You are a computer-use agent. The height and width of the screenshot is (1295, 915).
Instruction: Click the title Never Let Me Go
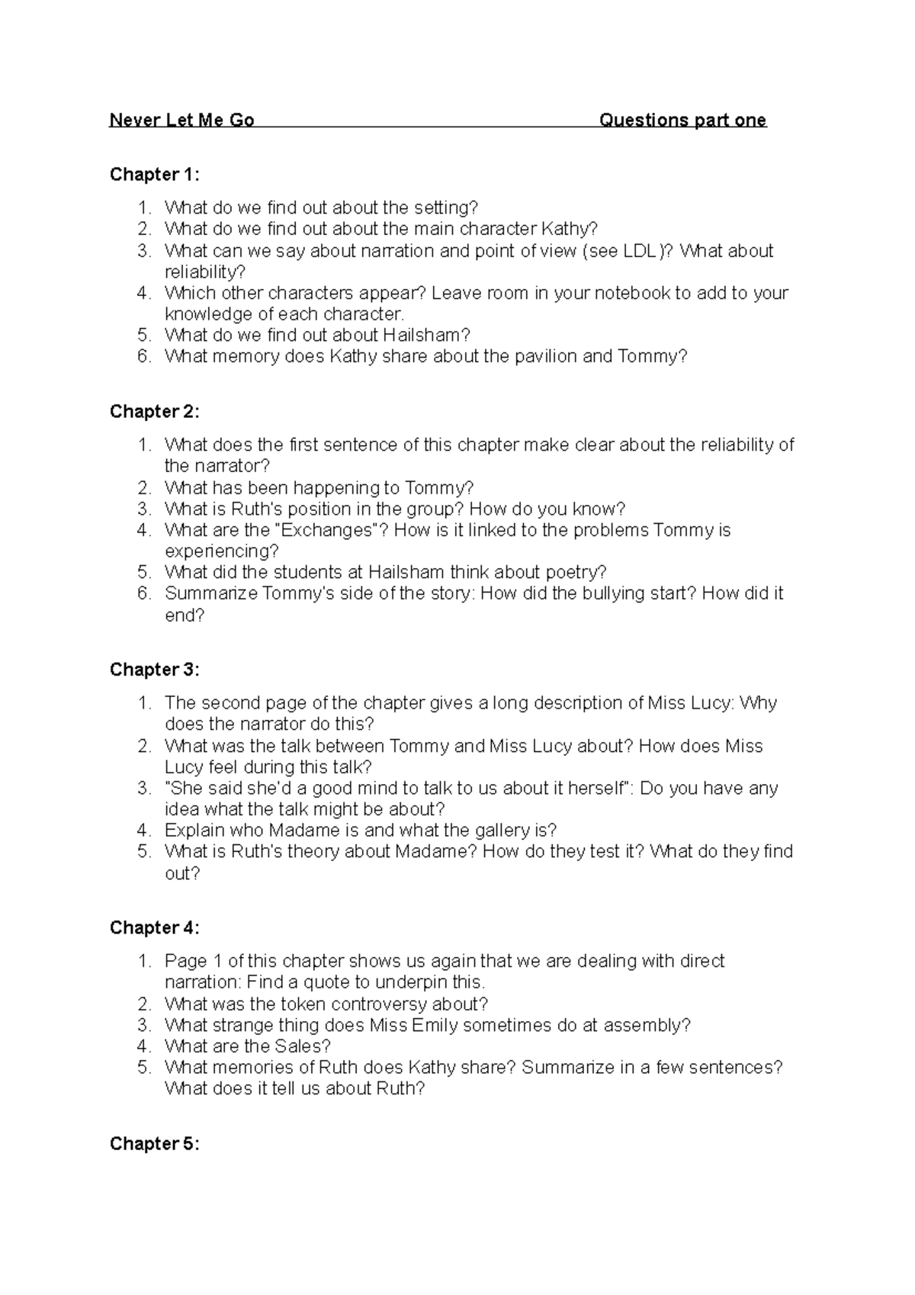(181, 120)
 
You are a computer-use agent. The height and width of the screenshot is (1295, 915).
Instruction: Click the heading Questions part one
(682, 120)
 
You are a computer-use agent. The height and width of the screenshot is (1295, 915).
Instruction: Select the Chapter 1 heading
(155, 175)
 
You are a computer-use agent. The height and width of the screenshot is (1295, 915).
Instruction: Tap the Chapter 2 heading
(155, 412)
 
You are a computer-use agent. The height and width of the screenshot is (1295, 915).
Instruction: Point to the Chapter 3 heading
(155, 670)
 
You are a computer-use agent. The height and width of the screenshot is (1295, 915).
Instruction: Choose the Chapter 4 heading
(155, 927)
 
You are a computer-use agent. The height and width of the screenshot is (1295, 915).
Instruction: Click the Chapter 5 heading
(155, 1143)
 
